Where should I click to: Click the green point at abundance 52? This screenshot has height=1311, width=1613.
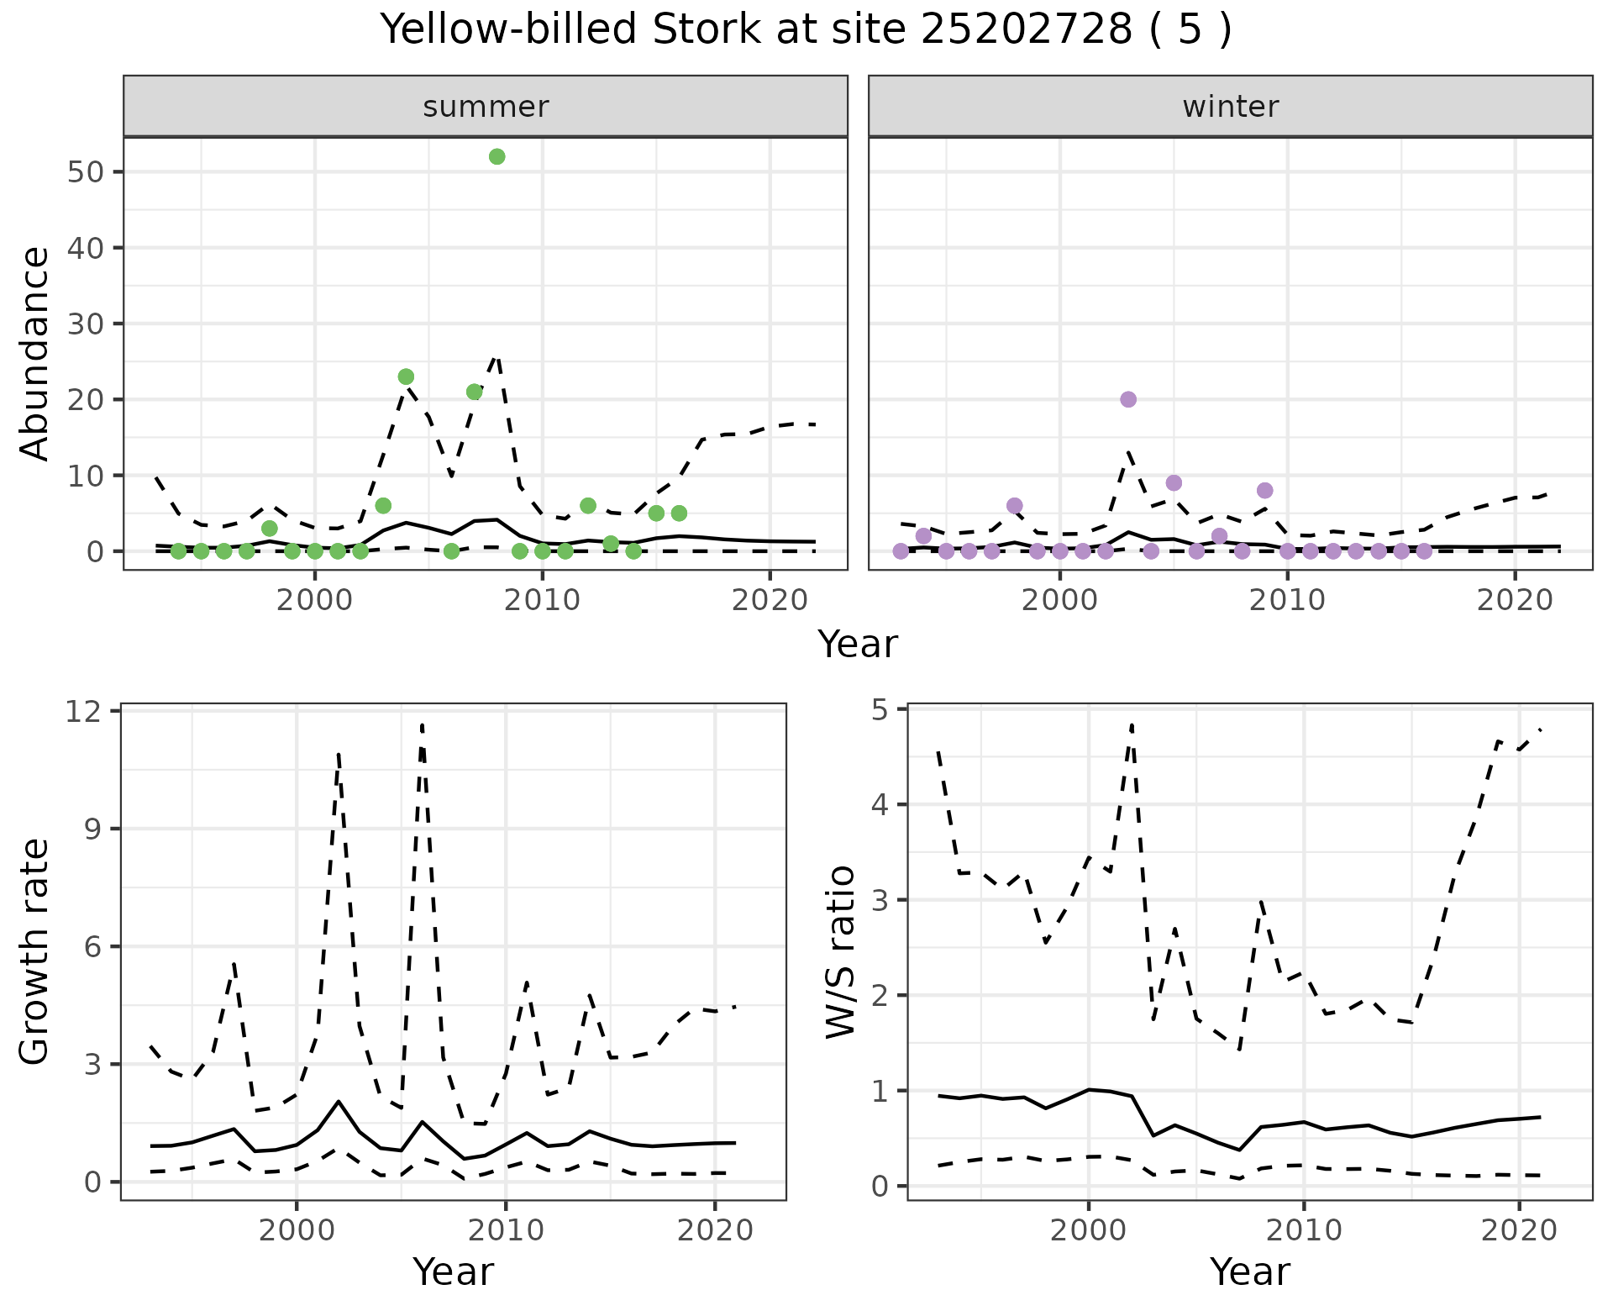[497, 157]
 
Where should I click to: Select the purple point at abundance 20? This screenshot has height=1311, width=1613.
[1128, 399]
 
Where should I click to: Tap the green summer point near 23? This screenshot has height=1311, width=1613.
[406, 376]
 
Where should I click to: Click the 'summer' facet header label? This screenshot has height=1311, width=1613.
[486, 107]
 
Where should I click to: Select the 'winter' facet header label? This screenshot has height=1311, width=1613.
[1231, 107]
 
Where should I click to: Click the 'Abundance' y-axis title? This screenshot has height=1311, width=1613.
[35, 353]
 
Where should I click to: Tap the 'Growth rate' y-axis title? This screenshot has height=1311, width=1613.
[35, 952]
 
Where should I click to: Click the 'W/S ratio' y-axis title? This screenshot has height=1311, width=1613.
[840, 952]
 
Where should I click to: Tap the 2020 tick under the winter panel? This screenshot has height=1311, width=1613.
[1515, 600]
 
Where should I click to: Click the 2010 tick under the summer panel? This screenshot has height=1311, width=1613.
[543, 600]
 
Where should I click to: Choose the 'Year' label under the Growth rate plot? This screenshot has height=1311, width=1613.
[453, 1272]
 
